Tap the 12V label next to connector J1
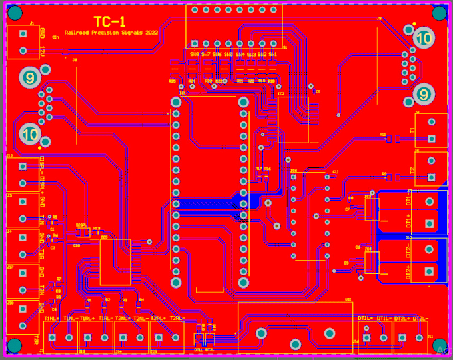pos(42,51)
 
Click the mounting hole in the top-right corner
pos(439,13)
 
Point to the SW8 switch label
pos(195,54)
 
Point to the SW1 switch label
pos(272,54)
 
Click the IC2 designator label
pos(281,94)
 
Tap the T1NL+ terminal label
pos(52,319)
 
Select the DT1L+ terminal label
pos(366,319)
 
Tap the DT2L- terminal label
pos(420,319)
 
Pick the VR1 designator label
pos(348,300)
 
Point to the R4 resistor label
pos(141,300)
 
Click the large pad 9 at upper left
pos(29,78)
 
